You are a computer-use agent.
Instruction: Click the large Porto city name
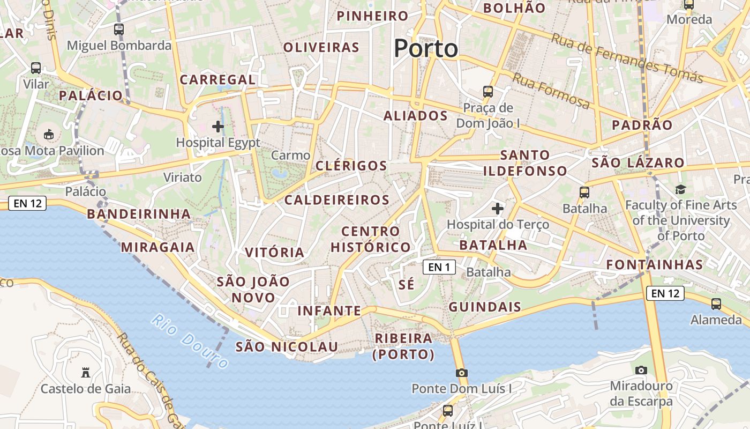[x=426, y=49]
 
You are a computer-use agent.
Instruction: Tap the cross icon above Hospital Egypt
[x=218, y=127]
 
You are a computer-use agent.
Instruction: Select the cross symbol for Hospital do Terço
[x=498, y=208]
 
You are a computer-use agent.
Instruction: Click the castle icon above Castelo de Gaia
[x=85, y=372]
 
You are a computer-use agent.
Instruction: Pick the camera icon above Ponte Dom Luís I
[x=461, y=372]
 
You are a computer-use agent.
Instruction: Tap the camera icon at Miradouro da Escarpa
[x=641, y=369]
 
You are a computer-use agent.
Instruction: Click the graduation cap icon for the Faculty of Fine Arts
[x=680, y=189]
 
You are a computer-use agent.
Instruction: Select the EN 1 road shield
[x=439, y=267]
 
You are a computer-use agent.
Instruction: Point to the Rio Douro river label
[x=190, y=341]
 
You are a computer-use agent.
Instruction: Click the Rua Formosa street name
[x=551, y=90]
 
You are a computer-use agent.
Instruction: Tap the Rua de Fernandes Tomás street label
[x=627, y=58]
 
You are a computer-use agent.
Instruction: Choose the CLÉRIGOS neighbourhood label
[x=351, y=166]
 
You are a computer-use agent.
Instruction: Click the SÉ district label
[x=407, y=284]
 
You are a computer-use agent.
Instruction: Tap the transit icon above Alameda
[x=716, y=304]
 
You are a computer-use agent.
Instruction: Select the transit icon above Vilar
[x=36, y=68]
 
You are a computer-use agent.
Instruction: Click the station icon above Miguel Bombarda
[x=119, y=29]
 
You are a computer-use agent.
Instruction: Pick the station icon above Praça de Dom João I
[x=487, y=91]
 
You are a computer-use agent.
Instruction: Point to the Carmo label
[x=290, y=156]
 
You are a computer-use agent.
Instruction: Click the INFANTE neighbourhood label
[x=329, y=310]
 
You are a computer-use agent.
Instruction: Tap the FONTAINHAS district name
[x=654, y=264]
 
